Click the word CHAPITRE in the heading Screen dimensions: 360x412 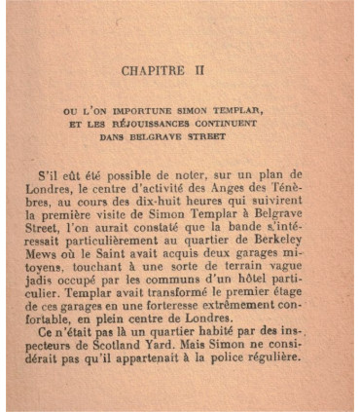point(157,71)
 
